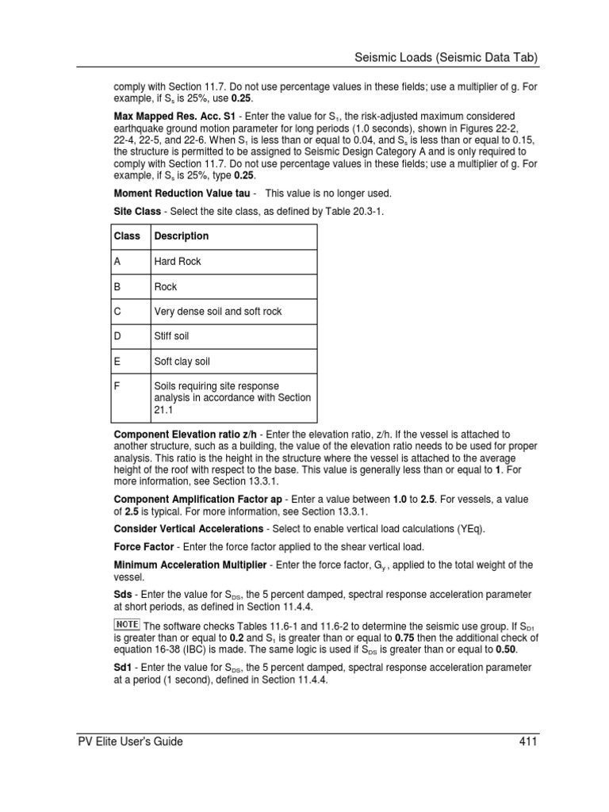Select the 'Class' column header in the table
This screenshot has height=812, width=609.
click(x=127, y=236)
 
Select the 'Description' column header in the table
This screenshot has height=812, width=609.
click(x=182, y=236)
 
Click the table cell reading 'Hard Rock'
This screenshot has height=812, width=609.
click(x=178, y=262)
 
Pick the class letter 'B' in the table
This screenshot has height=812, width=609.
click(x=117, y=287)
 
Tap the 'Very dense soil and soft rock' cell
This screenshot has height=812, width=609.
click(x=218, y=312)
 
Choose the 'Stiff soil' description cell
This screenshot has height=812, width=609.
click(x=172, y=337)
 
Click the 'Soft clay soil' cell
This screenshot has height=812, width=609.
click(x=182, y=362)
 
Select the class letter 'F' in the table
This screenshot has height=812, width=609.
click(x=117, y=388)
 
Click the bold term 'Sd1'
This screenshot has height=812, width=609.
click(x=124, y=668)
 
